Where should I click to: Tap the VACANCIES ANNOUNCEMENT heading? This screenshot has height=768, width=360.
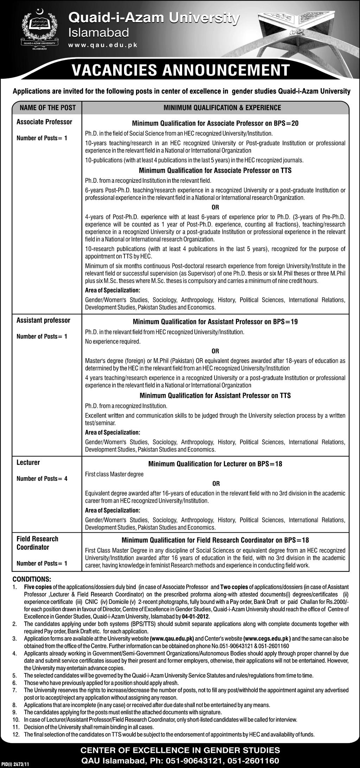tap(180, 70)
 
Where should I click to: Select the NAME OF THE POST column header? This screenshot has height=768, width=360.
tap(47, 108)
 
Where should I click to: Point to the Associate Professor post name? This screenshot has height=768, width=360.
tap(44, 122)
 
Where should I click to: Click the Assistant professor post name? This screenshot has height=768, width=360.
tap(43, 320)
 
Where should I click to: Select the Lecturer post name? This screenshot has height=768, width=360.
tap(28, 463)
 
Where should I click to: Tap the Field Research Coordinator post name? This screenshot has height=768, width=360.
tap(37, 543)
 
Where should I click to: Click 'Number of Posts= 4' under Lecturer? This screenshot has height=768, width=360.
tap(42, 478)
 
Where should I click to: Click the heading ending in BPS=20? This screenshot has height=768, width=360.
tap(215, 123)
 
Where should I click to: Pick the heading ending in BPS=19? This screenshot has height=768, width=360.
tap(215, 322)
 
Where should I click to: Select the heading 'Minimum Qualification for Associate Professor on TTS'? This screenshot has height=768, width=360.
tap(215, 170)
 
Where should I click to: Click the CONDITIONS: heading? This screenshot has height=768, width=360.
tap(32, 579)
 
